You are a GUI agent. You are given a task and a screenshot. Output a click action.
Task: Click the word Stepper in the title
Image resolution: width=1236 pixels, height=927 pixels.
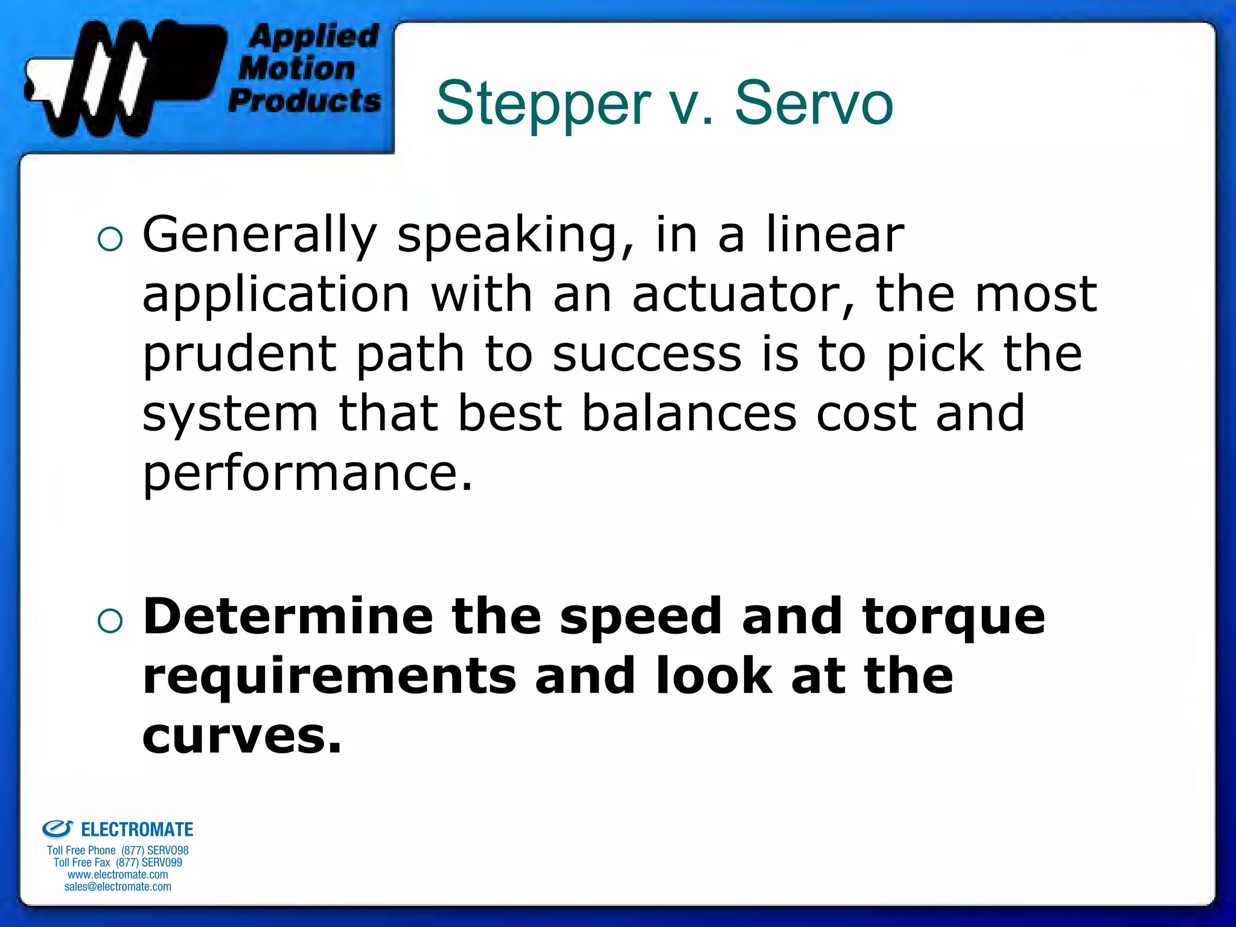[x=543, y=104]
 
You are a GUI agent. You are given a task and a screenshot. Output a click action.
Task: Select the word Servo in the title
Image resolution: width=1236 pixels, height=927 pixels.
[x=814, y=104]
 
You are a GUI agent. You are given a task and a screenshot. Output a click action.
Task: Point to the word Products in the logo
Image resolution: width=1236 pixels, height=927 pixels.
[x=305, y=100]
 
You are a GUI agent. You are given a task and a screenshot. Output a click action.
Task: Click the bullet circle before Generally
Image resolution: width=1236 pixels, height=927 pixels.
[x=110, y=240]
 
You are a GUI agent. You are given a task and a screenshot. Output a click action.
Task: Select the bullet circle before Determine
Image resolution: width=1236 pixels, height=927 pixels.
[x=110, y=620]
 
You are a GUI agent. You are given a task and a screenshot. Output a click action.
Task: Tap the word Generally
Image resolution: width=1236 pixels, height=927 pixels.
[x=260, y=235]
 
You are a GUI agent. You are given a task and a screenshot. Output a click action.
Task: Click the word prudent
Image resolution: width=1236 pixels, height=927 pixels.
[x=239, y=355]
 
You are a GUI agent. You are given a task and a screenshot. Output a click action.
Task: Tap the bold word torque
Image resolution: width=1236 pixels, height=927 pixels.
[x=954, y=617]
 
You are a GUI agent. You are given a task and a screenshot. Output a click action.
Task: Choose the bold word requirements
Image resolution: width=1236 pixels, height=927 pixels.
[x=330, y=676]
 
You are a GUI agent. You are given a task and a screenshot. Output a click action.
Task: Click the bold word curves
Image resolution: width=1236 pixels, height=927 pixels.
[x=241, y=736]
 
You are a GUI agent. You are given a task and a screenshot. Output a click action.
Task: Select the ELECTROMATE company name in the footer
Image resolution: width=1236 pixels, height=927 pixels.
[x=136, y=830]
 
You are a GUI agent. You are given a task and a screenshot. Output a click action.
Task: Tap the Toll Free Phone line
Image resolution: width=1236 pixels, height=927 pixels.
[x=118, y=850]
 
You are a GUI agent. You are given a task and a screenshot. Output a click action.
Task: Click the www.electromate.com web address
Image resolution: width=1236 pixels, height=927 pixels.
[x=118, y=874]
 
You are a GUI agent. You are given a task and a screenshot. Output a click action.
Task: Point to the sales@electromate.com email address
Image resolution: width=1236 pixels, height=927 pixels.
[x=118, y=887]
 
